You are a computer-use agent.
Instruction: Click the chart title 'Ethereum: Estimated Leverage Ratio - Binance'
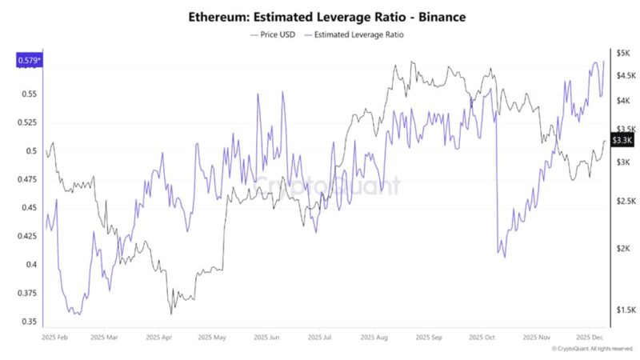(326, 16)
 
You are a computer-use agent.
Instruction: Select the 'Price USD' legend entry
(274, 35)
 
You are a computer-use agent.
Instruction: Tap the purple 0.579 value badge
(29, 60)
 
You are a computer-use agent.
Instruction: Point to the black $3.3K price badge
(622, 140)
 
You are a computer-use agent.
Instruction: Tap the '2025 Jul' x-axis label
(320, 338)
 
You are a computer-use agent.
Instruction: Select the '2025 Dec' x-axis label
(590, 338)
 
